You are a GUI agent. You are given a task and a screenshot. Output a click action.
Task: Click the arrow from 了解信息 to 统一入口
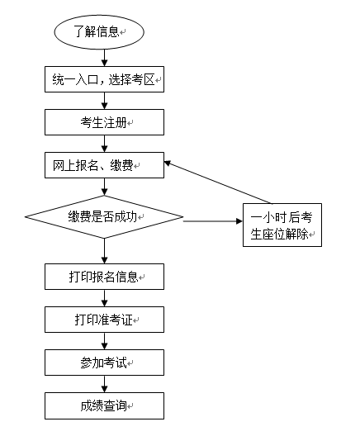[x=104, y=58]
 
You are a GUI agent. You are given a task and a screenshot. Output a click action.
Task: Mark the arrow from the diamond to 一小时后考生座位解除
[x=213, y=221]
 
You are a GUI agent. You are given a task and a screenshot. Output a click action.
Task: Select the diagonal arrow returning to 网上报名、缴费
[x=218, y=182]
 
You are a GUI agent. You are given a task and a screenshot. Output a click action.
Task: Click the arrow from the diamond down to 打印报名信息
[x=104, y=251]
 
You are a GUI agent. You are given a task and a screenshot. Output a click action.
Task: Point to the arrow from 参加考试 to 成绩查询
[x=104, y=384]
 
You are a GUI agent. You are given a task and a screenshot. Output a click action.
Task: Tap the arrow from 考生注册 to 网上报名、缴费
[x=104, y=144]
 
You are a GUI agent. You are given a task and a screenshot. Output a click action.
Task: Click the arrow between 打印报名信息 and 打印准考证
[x=104, y=298]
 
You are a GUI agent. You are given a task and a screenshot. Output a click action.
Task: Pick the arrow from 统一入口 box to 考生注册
[x=104, y=101]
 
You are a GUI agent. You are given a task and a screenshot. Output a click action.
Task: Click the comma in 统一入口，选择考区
[x=102, y=83]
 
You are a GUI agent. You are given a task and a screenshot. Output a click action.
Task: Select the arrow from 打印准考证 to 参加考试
[x=104, y=341]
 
